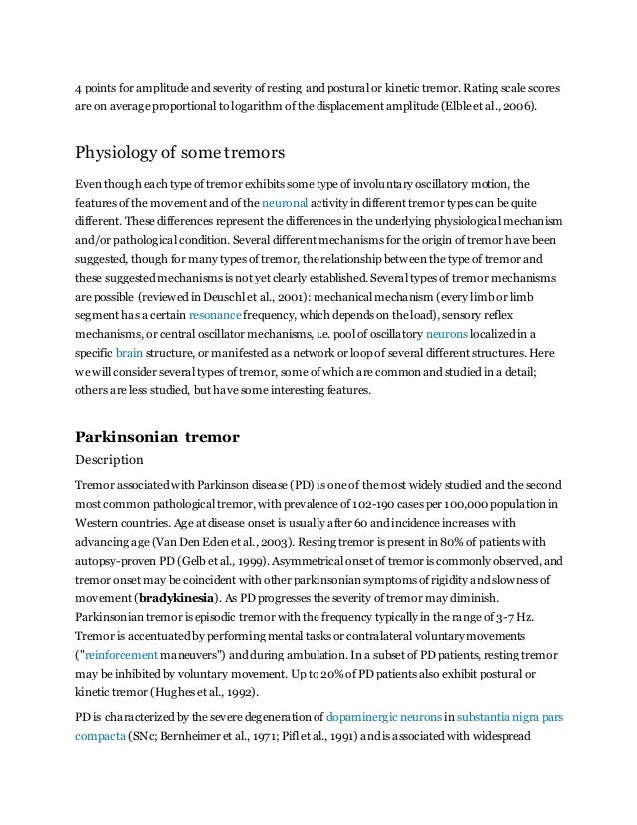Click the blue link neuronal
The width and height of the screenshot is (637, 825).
288,202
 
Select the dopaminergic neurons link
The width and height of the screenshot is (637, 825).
385,716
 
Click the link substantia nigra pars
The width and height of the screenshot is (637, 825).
503,716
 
